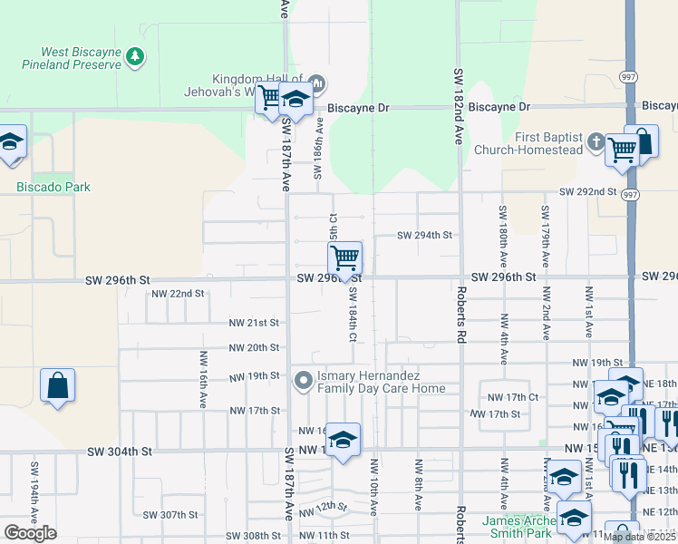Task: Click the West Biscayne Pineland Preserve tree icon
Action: click(136, 57)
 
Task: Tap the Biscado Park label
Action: click(53, 187)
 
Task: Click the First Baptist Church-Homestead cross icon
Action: click(596, 141)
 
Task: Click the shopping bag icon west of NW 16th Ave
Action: click(58, 384)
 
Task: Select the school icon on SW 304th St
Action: click(343, 440)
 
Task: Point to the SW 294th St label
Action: click(424, 236)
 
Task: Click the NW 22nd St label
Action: click(179, 294)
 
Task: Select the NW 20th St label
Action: click(253, 347)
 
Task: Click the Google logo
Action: click(30, 532)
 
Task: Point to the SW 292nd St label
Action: click(587, 192)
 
